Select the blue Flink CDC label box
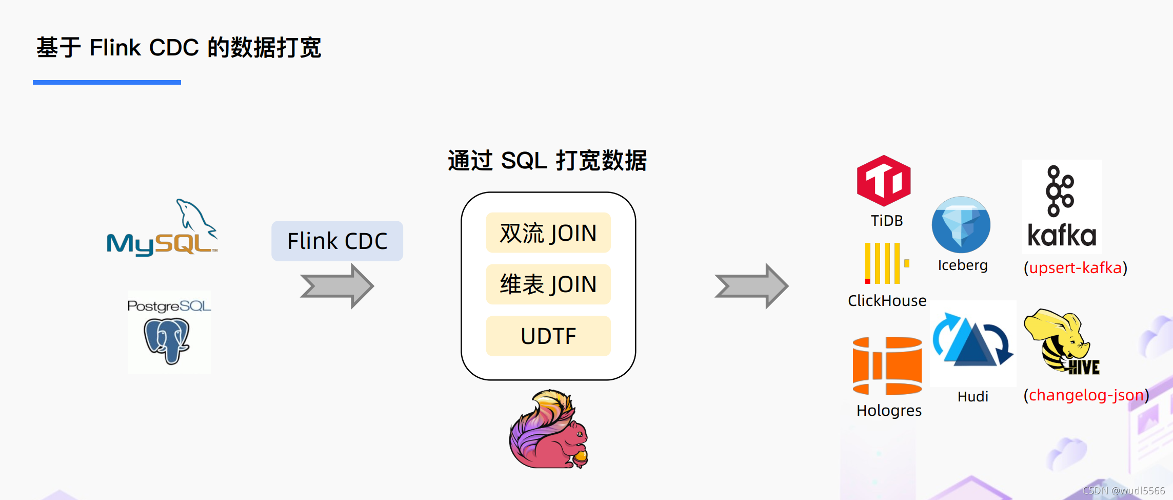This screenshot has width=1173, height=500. [x=337, y=241]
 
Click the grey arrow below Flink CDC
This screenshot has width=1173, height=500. [x=337, y=286]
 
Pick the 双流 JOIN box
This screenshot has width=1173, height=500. [x=548, y=233]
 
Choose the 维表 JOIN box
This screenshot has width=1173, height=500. [x=548, y=284]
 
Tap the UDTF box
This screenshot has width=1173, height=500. [x=548, y=336]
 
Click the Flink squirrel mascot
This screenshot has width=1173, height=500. [x=548, y=430]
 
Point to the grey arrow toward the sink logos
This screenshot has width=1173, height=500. [x=751, y=286]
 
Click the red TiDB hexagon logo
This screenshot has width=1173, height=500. [x=884, y=181]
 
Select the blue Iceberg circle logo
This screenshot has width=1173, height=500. [x=961, y=225]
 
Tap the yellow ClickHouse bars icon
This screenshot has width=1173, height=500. [x=885, y=263]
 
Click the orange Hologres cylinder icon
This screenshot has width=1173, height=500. [x=887, y=366]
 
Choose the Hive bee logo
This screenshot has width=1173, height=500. [x=1061, y=342]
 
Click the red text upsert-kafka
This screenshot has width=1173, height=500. [x=1075, y=268]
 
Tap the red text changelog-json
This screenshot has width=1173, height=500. [x=1086, y=395]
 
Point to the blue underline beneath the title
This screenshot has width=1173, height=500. [x=107, y=82]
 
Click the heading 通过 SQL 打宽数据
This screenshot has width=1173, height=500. [x=547, y=161]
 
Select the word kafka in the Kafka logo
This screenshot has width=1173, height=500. [x=1062, y=236]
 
